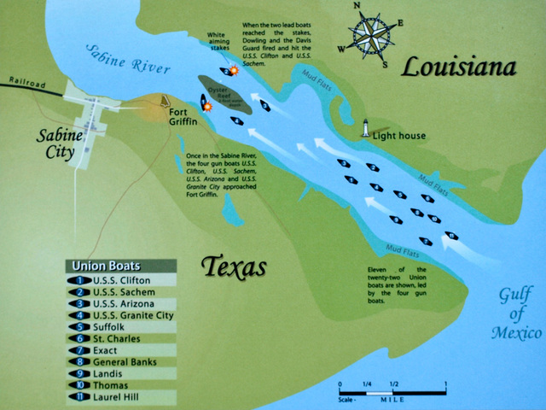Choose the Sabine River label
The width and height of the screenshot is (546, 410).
pyautogui.click(x=127, y=61)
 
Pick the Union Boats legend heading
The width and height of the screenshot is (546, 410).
pyautogui.click(x=106, y=266)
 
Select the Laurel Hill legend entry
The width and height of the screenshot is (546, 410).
pyautogui.click(x=119, y=396)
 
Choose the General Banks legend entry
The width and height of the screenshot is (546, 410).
pyautogui.click(x=128, y=361)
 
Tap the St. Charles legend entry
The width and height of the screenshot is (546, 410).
pyautogui.click(x=119, y=338)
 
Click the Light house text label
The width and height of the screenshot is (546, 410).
pyautogui.click(x=400, y=135)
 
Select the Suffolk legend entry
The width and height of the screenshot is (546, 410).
pyautogui.click(x=111, y=326)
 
